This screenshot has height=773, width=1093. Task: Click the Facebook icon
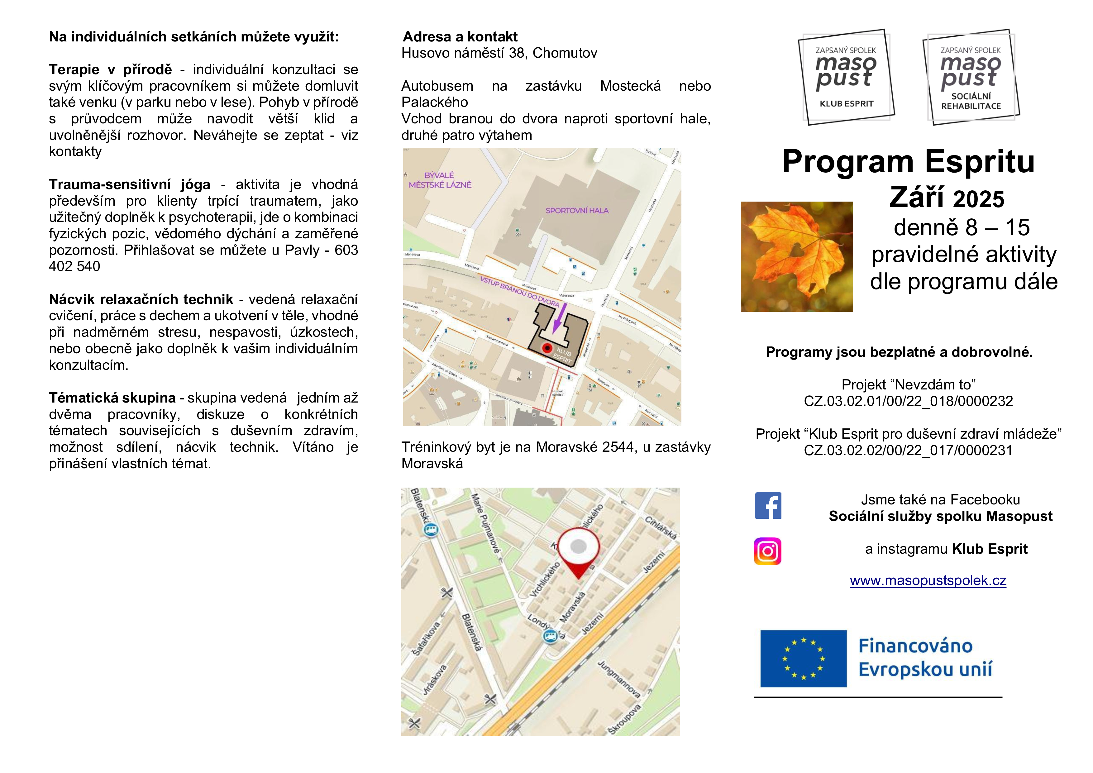[x=768, y=505]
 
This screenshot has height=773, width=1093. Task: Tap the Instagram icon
[x=767, y=551]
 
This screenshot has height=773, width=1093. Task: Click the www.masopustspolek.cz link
[x=928, y=581]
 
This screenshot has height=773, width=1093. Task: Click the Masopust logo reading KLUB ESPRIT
[x=846, y=77]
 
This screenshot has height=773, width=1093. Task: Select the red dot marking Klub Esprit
[x=547, y=348]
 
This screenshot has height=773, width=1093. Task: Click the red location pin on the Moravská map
[x=578, y=552]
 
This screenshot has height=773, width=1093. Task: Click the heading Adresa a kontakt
[x=460, y=37]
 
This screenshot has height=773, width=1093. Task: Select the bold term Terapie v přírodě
[x=110, y=69]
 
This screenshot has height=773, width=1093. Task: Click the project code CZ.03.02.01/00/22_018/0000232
[x=908, y=401]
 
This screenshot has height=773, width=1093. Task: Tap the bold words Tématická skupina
[x=112, y=398]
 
